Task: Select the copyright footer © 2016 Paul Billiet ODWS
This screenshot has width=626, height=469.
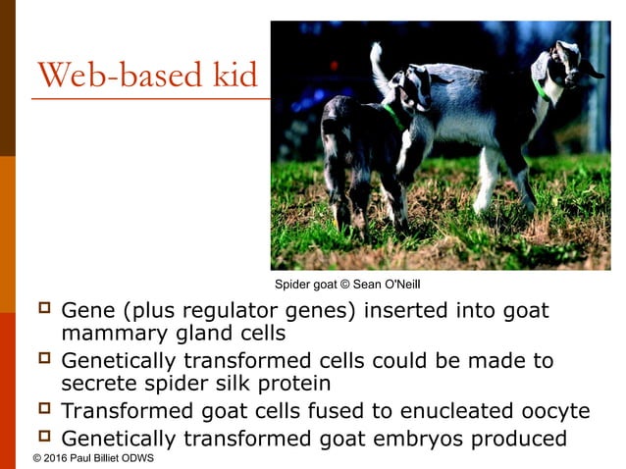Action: coord(92,458)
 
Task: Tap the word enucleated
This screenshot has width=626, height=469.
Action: coord(432,411)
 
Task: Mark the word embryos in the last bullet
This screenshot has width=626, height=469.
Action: coord(424,438)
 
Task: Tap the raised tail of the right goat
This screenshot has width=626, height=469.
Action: coord(377,64)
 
